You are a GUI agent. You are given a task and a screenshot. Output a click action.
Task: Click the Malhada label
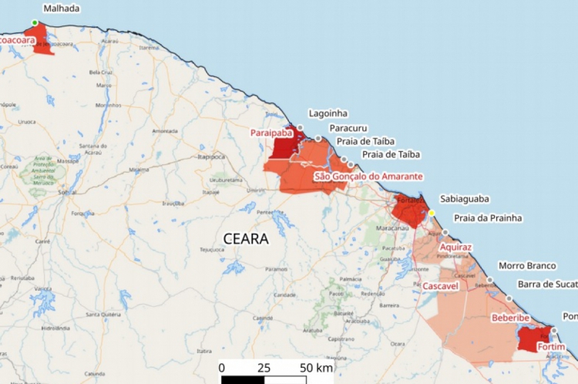click(x=61, y=8)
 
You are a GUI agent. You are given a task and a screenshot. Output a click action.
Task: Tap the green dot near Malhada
click(x=35, y=22)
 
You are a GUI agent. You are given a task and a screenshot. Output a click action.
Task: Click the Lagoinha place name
click(x=328, y=113)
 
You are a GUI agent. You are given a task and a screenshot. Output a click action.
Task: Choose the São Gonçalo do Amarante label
click(x=368, y=177)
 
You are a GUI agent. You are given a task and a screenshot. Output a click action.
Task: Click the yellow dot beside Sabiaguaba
click(x=432, y=213)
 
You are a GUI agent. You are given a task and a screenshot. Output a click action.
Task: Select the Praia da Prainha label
click(x=488, y=217)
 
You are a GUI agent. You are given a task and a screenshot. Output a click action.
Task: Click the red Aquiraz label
click(x=455, y=247)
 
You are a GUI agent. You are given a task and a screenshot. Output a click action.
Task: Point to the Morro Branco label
click(x=527, y=266)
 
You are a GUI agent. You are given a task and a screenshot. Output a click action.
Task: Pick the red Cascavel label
click(x=441, y=286)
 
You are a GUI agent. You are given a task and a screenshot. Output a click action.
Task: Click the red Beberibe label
click(x=509, y=318)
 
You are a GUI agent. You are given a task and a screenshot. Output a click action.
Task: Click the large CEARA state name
click(x=246, y=239)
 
